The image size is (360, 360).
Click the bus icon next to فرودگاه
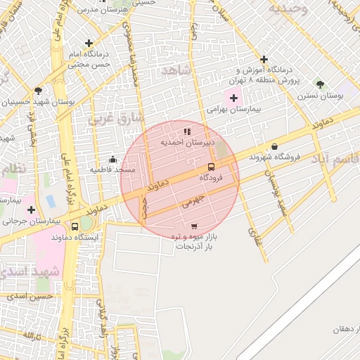pos(211,167)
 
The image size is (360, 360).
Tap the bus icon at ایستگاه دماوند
pos(75,226)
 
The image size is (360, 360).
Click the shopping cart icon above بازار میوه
pos(194,226)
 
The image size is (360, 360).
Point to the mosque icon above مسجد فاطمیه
pos(112,159)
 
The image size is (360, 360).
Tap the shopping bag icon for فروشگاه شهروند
pos(274,146)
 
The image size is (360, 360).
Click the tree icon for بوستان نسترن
pos(320,84)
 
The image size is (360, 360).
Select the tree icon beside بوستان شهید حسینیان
pos(38,91)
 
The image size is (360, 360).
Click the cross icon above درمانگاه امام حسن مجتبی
pos(88,43)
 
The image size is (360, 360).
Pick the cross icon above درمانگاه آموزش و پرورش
pos(264,59)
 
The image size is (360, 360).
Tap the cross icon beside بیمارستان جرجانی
pos(31,209)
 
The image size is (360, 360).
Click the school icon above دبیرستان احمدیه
pos(187,131)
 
